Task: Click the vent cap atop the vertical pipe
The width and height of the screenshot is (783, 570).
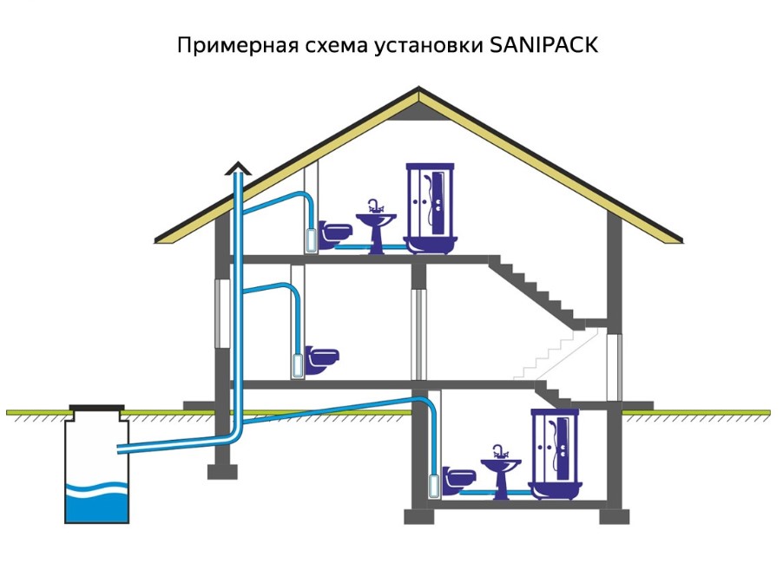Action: click(236, 168)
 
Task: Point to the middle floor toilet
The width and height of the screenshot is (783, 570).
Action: click(321, 357)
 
